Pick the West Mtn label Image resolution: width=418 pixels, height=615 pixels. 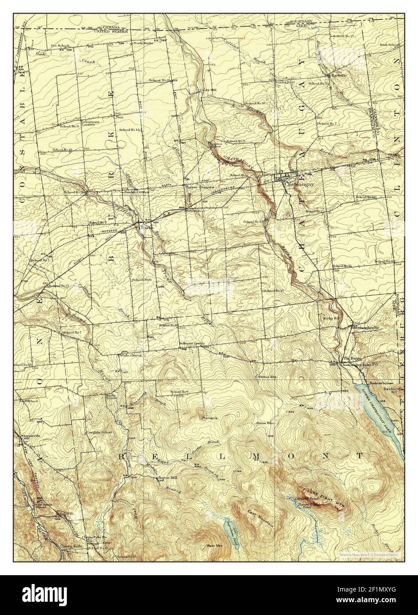[213, 546]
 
